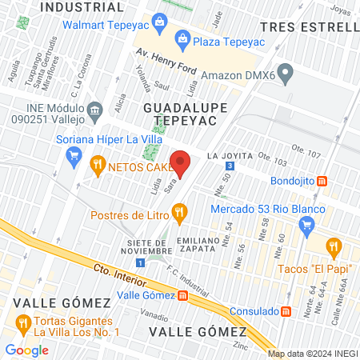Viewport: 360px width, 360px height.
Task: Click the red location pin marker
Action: (181, 162)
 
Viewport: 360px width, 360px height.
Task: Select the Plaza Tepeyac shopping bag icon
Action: (182, 38)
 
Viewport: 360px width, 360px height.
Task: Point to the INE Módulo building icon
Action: (95, 109)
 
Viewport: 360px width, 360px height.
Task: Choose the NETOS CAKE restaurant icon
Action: (98, 167)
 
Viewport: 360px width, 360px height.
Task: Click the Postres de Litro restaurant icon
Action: (179, 214)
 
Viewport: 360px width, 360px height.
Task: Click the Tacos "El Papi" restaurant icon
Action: (334, 246)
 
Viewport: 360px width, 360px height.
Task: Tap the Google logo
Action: (26, 350)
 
